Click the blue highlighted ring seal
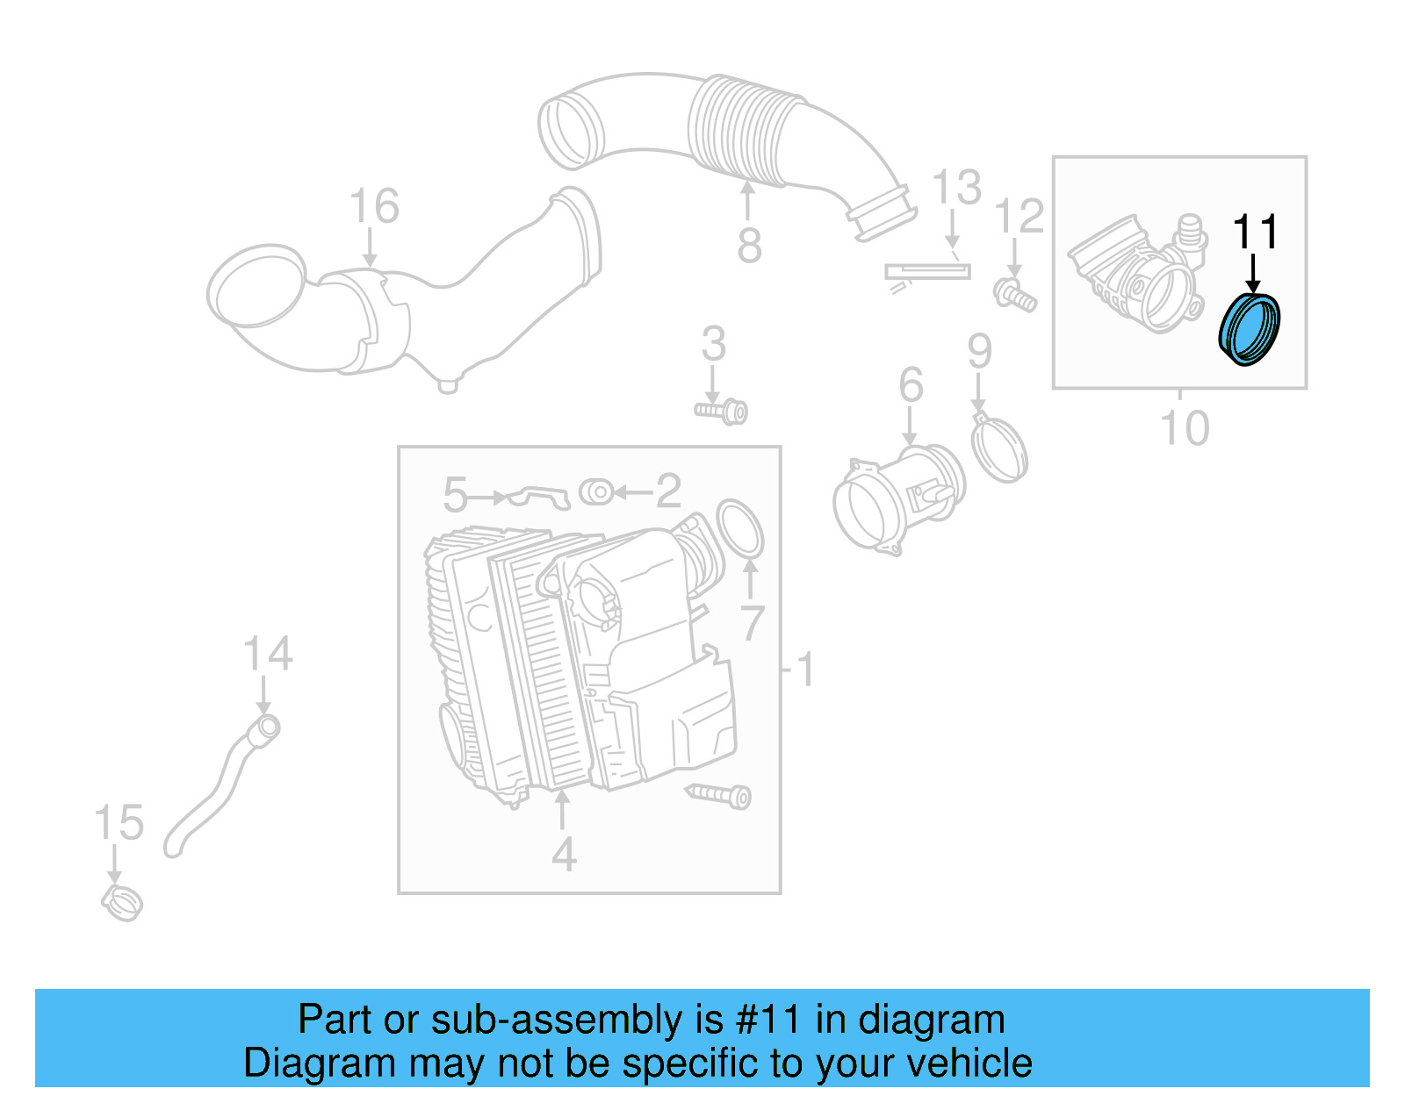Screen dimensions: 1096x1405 1250,330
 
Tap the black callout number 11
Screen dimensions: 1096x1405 1255,233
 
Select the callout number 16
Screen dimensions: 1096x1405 374,207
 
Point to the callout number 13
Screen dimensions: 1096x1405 955,189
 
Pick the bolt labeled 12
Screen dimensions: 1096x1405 1015,295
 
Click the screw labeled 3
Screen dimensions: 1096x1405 722,411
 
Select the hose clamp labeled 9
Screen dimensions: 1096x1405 999,448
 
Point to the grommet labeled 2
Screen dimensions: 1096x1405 597,492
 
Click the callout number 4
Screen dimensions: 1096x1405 564,854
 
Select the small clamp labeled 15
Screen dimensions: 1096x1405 122,903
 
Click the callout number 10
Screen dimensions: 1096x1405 1185,428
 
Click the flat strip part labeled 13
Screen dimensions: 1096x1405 927,272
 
